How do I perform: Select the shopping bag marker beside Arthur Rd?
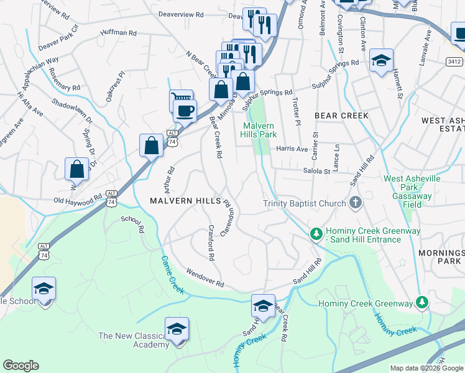[x=151, y=146]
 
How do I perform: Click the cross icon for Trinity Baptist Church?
[x=355, y=203]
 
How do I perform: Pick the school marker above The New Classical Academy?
[x=177, y=329]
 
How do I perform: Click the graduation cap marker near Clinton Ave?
[x=380, y=61]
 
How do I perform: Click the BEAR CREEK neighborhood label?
[x=341, y=116]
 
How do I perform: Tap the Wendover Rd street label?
[x=205, y=278]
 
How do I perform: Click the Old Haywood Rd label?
[x=78, y=200]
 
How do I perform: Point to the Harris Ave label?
[x=292, y=149]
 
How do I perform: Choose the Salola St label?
[x=316, y=170]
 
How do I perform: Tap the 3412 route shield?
[x=454, y=62]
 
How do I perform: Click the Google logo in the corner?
[x=21, y=366]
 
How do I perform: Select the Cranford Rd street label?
[x=211, y=242]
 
